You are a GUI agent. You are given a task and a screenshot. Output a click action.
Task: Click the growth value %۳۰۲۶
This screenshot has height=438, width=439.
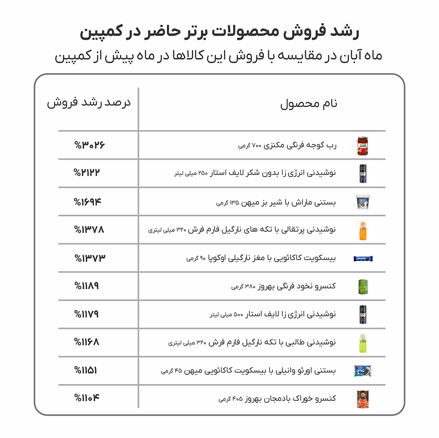90,145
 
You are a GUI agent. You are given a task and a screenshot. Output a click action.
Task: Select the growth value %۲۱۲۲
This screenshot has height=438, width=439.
87,172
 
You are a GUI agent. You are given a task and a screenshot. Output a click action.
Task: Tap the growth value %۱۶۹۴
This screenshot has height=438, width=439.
87,202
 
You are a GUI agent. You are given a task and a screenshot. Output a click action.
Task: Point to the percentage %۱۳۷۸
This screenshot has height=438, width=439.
90,229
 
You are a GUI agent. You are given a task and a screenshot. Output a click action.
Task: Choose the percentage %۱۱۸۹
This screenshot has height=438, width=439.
86,286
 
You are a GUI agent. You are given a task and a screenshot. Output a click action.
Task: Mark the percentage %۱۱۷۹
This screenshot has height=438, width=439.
86,314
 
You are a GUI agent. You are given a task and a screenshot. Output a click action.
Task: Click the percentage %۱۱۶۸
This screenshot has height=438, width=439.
86,341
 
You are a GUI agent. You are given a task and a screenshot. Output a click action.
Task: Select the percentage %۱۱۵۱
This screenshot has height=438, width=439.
86,370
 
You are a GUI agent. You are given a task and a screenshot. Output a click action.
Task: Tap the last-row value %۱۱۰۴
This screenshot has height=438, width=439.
87,398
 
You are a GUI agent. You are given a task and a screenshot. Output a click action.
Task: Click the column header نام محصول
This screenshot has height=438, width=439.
309,104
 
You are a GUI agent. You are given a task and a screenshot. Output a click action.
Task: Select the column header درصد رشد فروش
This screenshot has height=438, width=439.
89,104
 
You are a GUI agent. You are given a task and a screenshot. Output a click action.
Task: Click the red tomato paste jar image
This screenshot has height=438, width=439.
363,146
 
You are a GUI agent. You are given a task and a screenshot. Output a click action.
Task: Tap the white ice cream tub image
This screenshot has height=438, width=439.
363,202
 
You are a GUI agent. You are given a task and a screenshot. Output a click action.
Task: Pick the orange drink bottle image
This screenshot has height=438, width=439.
363,230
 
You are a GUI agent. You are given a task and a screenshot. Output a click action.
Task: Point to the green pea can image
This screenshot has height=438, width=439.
363,286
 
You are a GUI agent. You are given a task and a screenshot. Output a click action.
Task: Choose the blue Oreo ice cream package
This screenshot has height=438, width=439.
363,371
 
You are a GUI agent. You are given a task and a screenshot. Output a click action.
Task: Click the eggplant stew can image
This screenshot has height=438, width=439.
363,399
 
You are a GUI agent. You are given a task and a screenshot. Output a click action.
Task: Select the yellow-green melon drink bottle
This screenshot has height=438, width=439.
363,343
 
